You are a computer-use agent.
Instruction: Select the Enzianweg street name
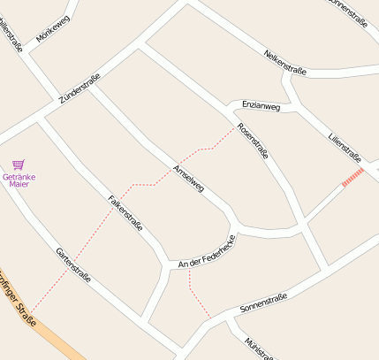[261, 107]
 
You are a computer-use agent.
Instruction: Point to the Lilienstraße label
[345, 148]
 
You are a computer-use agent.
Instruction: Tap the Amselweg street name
[189, 179]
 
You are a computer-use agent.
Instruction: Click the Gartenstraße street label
[74, 264]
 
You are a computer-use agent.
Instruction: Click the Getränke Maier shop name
[19, 180]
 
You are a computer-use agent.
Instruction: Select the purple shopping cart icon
[19, 165]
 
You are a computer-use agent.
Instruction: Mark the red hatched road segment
[352, 178]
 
